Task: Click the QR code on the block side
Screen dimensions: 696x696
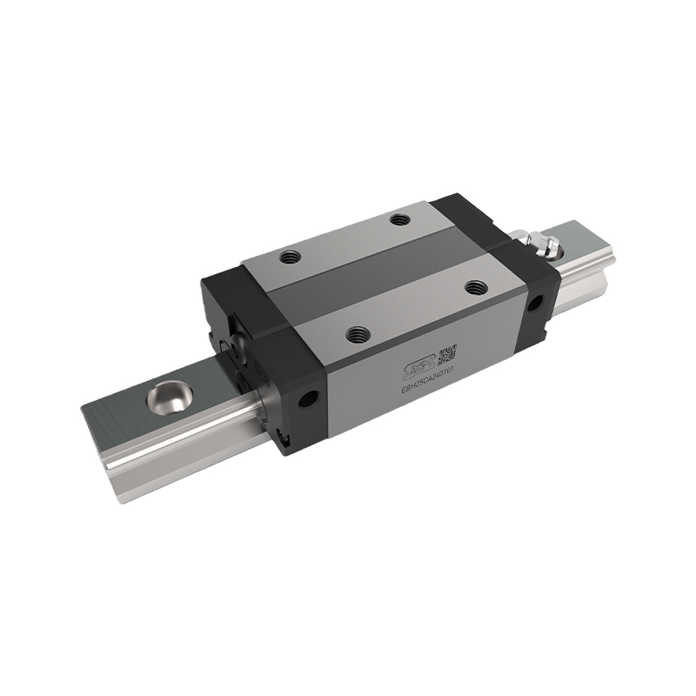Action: [447, 351]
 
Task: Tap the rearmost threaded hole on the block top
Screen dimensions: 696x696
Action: [399, 220]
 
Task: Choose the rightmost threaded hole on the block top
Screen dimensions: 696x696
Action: [474, 285]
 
